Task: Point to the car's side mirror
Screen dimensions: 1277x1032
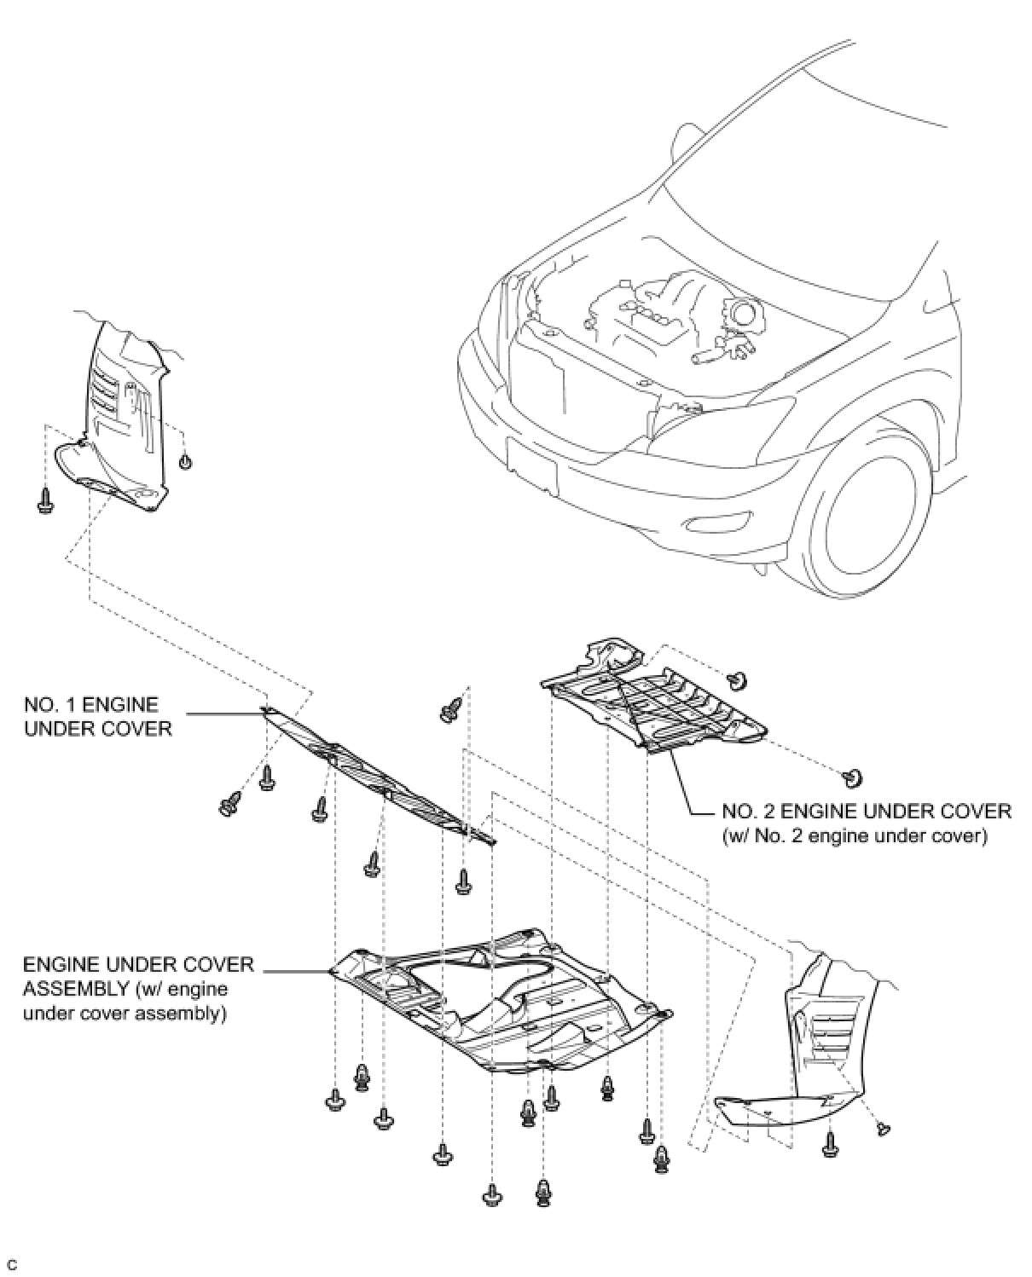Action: (685, 141)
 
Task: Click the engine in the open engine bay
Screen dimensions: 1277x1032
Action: (674, 315)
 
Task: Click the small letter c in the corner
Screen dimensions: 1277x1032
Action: (12, 1264)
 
